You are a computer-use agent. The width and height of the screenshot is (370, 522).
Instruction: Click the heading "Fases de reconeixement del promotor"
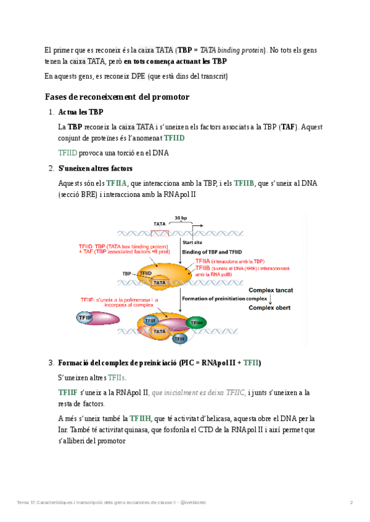click(117, 97)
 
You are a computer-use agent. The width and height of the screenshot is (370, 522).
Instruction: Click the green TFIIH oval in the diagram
click(196, 323)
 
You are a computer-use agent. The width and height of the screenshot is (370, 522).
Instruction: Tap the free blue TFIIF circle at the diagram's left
click(85, 318)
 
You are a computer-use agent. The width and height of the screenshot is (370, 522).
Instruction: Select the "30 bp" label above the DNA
click(181, 218)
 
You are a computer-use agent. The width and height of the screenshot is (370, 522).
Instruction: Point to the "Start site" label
click(191, 243)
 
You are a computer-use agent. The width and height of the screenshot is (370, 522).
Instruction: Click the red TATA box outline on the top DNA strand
click(160, 233)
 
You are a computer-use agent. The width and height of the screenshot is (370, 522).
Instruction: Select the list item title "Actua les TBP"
click(81, 113)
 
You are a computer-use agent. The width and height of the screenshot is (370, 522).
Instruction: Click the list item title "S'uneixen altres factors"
click(95, 168)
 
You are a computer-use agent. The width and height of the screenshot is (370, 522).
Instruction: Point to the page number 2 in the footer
click(351, 503)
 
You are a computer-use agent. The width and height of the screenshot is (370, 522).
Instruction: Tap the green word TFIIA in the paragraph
click(117, 183)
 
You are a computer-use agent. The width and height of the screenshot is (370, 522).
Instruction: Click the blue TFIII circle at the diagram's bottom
click(179, 339)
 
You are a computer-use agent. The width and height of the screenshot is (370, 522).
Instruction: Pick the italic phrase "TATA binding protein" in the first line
click(232, 50)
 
